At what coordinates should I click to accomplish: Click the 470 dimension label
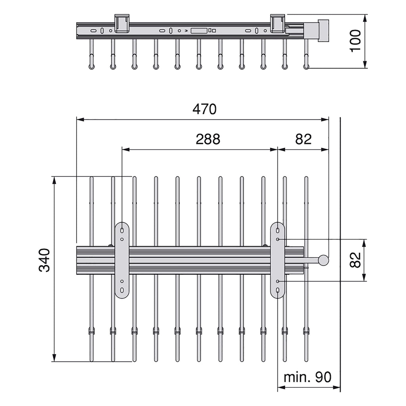tap(204, 109)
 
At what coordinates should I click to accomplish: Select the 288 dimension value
tap(208, 139)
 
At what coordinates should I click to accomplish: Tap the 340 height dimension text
tap(44, 260)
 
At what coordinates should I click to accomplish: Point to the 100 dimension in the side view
tap(355, 41)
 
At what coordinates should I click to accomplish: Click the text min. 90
tap(307, 377)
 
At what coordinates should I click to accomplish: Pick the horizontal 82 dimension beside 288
tap(303, 139)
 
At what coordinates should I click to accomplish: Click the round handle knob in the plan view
tap(324, 260)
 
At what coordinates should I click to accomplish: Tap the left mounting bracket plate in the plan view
tap(122, 260)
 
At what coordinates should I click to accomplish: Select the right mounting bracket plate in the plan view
tap(278, 260)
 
